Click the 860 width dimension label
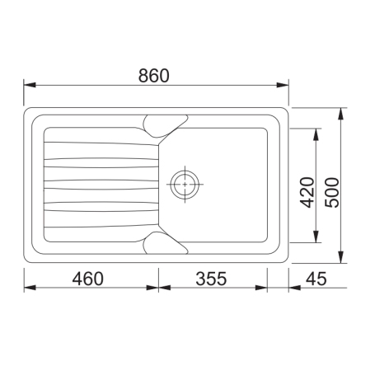point(154,75)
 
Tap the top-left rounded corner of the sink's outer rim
point(29,111)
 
